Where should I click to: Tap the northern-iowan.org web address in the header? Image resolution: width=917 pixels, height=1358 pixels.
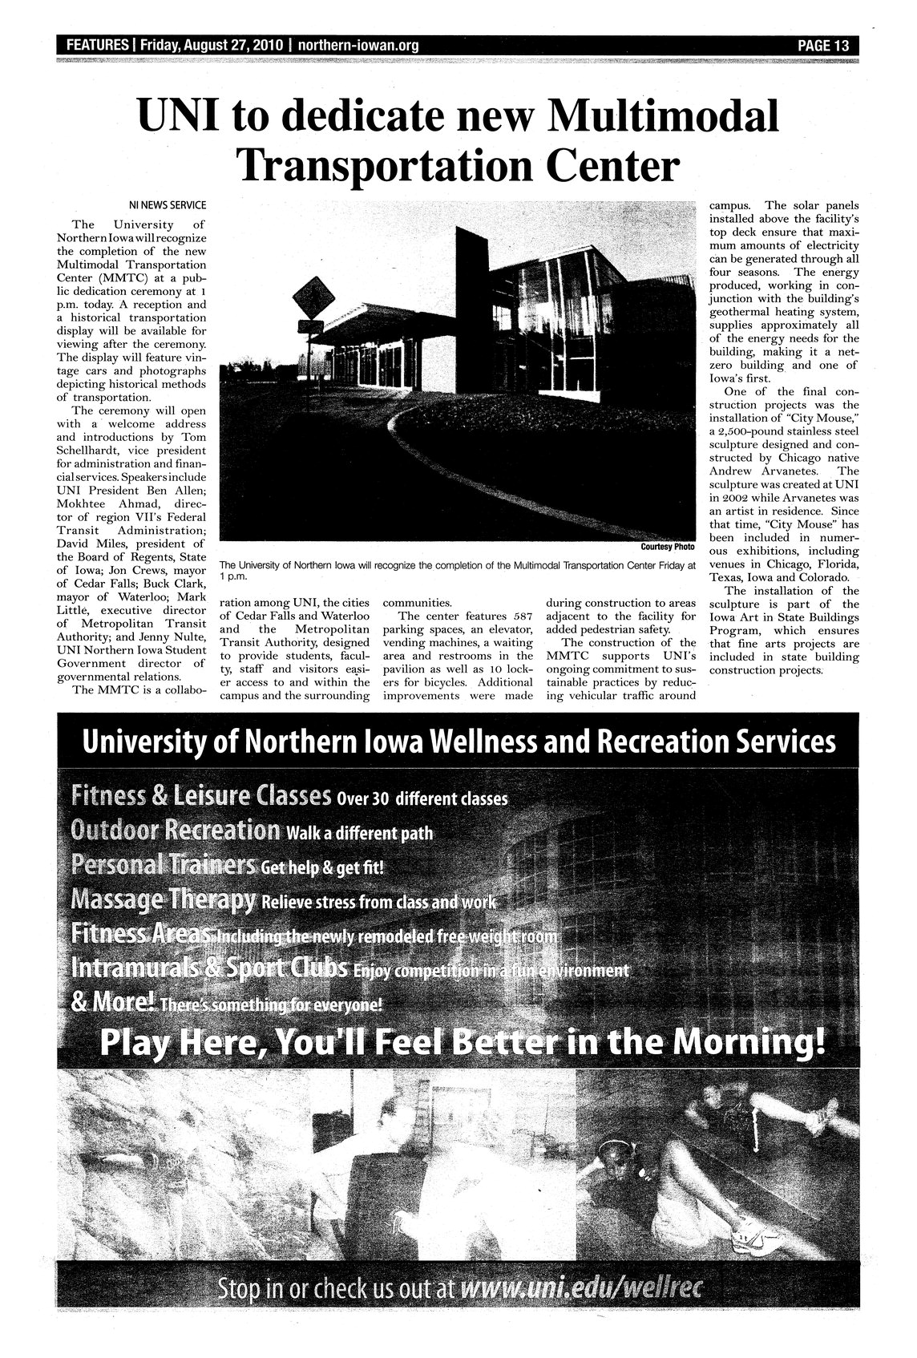coord(358,46)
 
